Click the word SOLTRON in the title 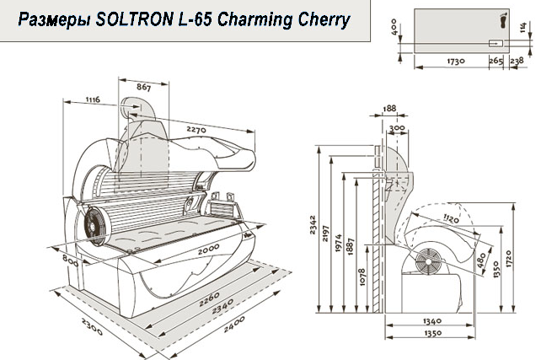135,19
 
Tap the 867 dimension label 143,88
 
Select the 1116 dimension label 93,99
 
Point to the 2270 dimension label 196,130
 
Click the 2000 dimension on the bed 208,250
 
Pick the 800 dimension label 70,261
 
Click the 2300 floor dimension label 92,326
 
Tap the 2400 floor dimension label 234,324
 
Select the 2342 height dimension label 313,225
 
